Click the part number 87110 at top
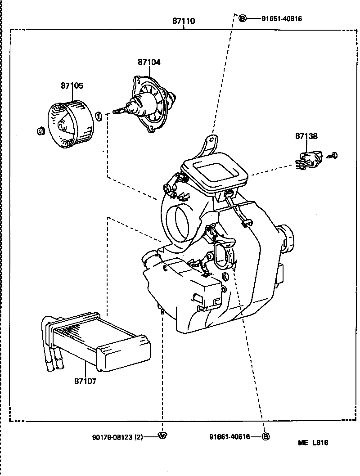(184, 21)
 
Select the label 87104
(149, 62)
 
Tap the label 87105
(72, 85)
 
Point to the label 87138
(306, 135)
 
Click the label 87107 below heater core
(85, 381)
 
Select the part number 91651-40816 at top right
(282, 19)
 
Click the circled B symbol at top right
(242, 18)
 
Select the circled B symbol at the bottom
(265, 436)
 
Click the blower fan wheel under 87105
(72, 123)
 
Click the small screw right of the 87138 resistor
(333, 156)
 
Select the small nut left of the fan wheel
(40, 131)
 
